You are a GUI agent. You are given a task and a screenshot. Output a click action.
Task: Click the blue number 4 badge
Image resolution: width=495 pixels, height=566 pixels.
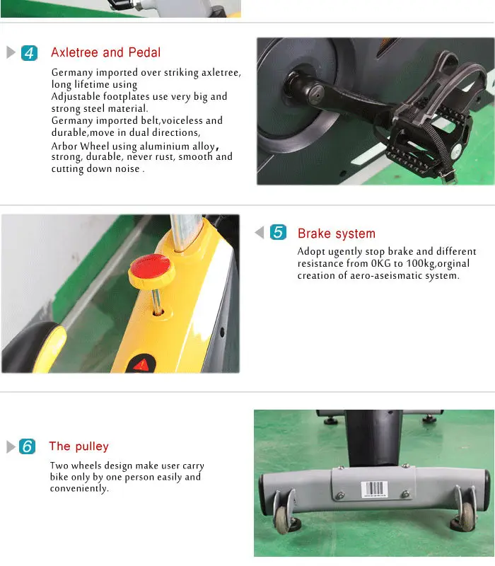(x=29, y=53)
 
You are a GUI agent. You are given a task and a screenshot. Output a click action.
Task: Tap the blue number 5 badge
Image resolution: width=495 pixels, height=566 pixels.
(x=278, y=232)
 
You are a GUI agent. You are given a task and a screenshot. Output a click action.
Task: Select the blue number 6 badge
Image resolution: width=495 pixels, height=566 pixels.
(x=27, y=446)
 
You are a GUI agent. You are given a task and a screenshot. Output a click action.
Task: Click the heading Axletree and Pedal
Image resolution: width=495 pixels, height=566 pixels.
(x=105, y=52)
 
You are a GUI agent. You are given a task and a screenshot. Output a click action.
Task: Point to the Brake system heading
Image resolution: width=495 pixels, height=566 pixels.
(x=337, y=233)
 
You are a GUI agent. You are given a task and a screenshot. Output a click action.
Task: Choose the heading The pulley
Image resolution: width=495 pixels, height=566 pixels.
(x=78, y=446)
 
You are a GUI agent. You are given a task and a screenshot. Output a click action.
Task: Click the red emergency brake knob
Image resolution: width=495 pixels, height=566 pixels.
(x=151, y=270)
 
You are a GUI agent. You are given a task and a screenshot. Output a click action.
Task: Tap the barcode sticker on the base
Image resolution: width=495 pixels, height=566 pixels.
(x=375, y=489)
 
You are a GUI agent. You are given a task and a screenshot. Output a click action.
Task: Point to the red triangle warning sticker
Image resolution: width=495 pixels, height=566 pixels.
(x=142, y=364)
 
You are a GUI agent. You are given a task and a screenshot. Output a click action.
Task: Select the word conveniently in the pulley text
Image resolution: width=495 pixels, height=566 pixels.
(x=79, y=489)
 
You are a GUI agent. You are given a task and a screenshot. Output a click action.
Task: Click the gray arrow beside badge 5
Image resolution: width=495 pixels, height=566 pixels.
(x=260, y=232)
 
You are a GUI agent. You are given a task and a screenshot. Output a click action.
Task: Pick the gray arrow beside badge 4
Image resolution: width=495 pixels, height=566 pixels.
(x=11, y=52)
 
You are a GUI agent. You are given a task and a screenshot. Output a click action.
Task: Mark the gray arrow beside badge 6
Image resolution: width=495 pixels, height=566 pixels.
(x=11, y=447)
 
